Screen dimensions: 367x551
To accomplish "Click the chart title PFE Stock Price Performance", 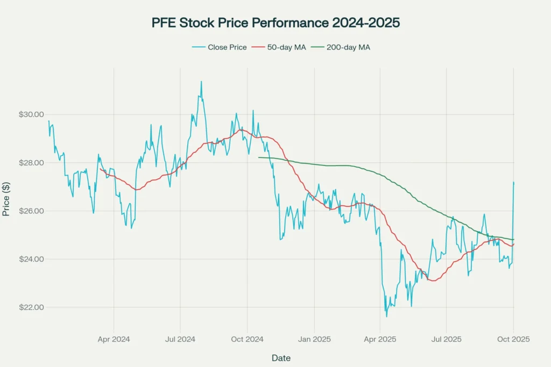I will coord(275,24).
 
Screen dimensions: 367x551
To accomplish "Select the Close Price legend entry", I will coord(219,47).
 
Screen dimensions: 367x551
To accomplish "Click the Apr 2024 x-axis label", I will coord(114,340).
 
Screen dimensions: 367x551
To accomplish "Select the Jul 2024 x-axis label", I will coord(180,340).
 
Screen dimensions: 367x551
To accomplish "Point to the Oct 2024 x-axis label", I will coord(247,340).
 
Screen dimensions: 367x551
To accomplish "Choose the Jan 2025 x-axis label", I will coord(314,340).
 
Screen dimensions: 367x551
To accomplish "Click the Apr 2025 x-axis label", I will coord(380,340).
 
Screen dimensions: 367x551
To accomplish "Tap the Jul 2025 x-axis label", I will coord(447,340).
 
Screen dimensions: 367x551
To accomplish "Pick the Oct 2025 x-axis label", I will coord(513,340).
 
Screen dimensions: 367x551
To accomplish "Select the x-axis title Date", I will coord(281,357).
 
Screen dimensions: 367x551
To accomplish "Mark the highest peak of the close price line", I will coord(201,82).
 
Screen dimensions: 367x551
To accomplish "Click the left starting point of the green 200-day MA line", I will coord(259,157).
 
